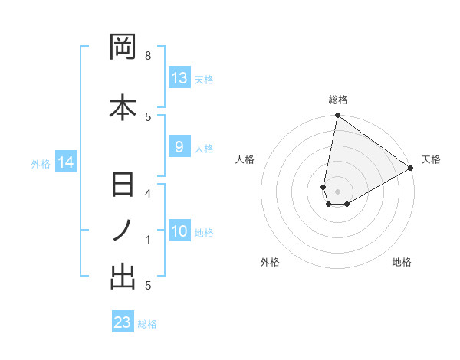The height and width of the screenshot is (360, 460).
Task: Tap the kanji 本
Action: tap(123, 107)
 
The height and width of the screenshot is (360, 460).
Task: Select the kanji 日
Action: tap(123, 186)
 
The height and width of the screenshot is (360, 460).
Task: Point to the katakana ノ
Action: tap(123, 230)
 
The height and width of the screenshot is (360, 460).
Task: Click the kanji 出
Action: tap(123, 277)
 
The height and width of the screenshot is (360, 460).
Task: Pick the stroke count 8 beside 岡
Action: tap(148, 56)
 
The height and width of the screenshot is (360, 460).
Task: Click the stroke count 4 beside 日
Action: tap(148, 193)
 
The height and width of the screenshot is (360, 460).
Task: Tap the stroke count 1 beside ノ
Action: tap(148, 240)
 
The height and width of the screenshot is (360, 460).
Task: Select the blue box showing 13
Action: tap(179, 78)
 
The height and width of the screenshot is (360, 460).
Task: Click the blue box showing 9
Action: tap(179, 148)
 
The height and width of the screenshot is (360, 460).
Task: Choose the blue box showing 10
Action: tap(179, 231)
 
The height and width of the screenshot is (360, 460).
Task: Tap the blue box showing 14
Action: tap(66, 162)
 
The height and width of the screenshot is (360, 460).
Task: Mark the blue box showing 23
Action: tap(122, 322)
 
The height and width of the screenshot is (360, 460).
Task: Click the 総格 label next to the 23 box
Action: tap(147, 324)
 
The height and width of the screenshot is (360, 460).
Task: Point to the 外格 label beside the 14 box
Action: tap(41, 163)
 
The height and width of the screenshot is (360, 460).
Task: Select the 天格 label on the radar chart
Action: tap(431, 159)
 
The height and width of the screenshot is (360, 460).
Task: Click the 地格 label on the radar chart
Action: tap(402, 262)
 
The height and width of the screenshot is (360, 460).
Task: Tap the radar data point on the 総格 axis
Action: tap(337, 116)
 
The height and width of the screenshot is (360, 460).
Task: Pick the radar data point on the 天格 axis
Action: tap(411, 169)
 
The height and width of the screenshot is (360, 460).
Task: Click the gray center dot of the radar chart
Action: tap(337, 191)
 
